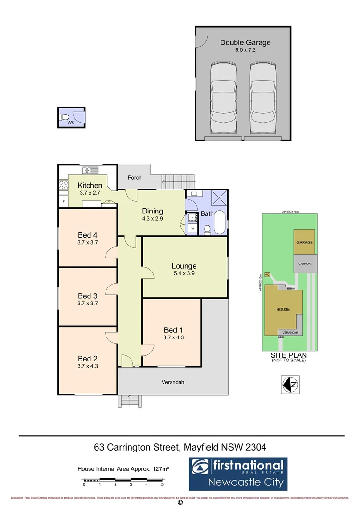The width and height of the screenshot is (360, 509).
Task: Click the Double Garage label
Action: [x=245, y=42]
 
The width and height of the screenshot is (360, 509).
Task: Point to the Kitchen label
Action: [x=90, y=185]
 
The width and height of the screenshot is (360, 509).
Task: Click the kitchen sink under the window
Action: [x=88, y=170]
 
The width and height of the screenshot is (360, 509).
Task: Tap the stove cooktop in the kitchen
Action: [x=63, y=186]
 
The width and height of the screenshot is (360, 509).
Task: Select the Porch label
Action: [x=135, y=178]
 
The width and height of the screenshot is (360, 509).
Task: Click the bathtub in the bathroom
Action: [x=220, y=223]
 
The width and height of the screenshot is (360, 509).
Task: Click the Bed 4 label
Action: [x=87, y=235]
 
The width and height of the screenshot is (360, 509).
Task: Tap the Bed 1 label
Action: [x=172, y=329]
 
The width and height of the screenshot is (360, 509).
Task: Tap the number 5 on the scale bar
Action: [x=162, y=484]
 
